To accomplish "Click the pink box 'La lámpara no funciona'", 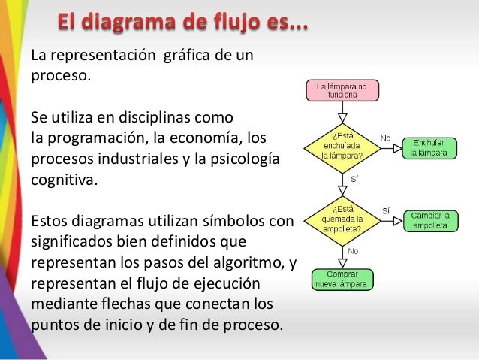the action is pos(342,92).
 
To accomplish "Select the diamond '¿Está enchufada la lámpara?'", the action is pos(342,147).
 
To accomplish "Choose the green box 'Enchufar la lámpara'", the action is pos(429,147).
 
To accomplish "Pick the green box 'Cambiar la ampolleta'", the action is pos(430,220).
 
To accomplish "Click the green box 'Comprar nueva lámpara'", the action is pos(342,279).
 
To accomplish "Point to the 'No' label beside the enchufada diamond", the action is pos(386,138).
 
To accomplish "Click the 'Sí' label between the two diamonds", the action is pos(354,180).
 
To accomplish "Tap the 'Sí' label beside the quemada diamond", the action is pos(386,210).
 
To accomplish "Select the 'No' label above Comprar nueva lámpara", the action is pos(353,251).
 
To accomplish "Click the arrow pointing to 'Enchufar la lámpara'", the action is pos(392,147).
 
